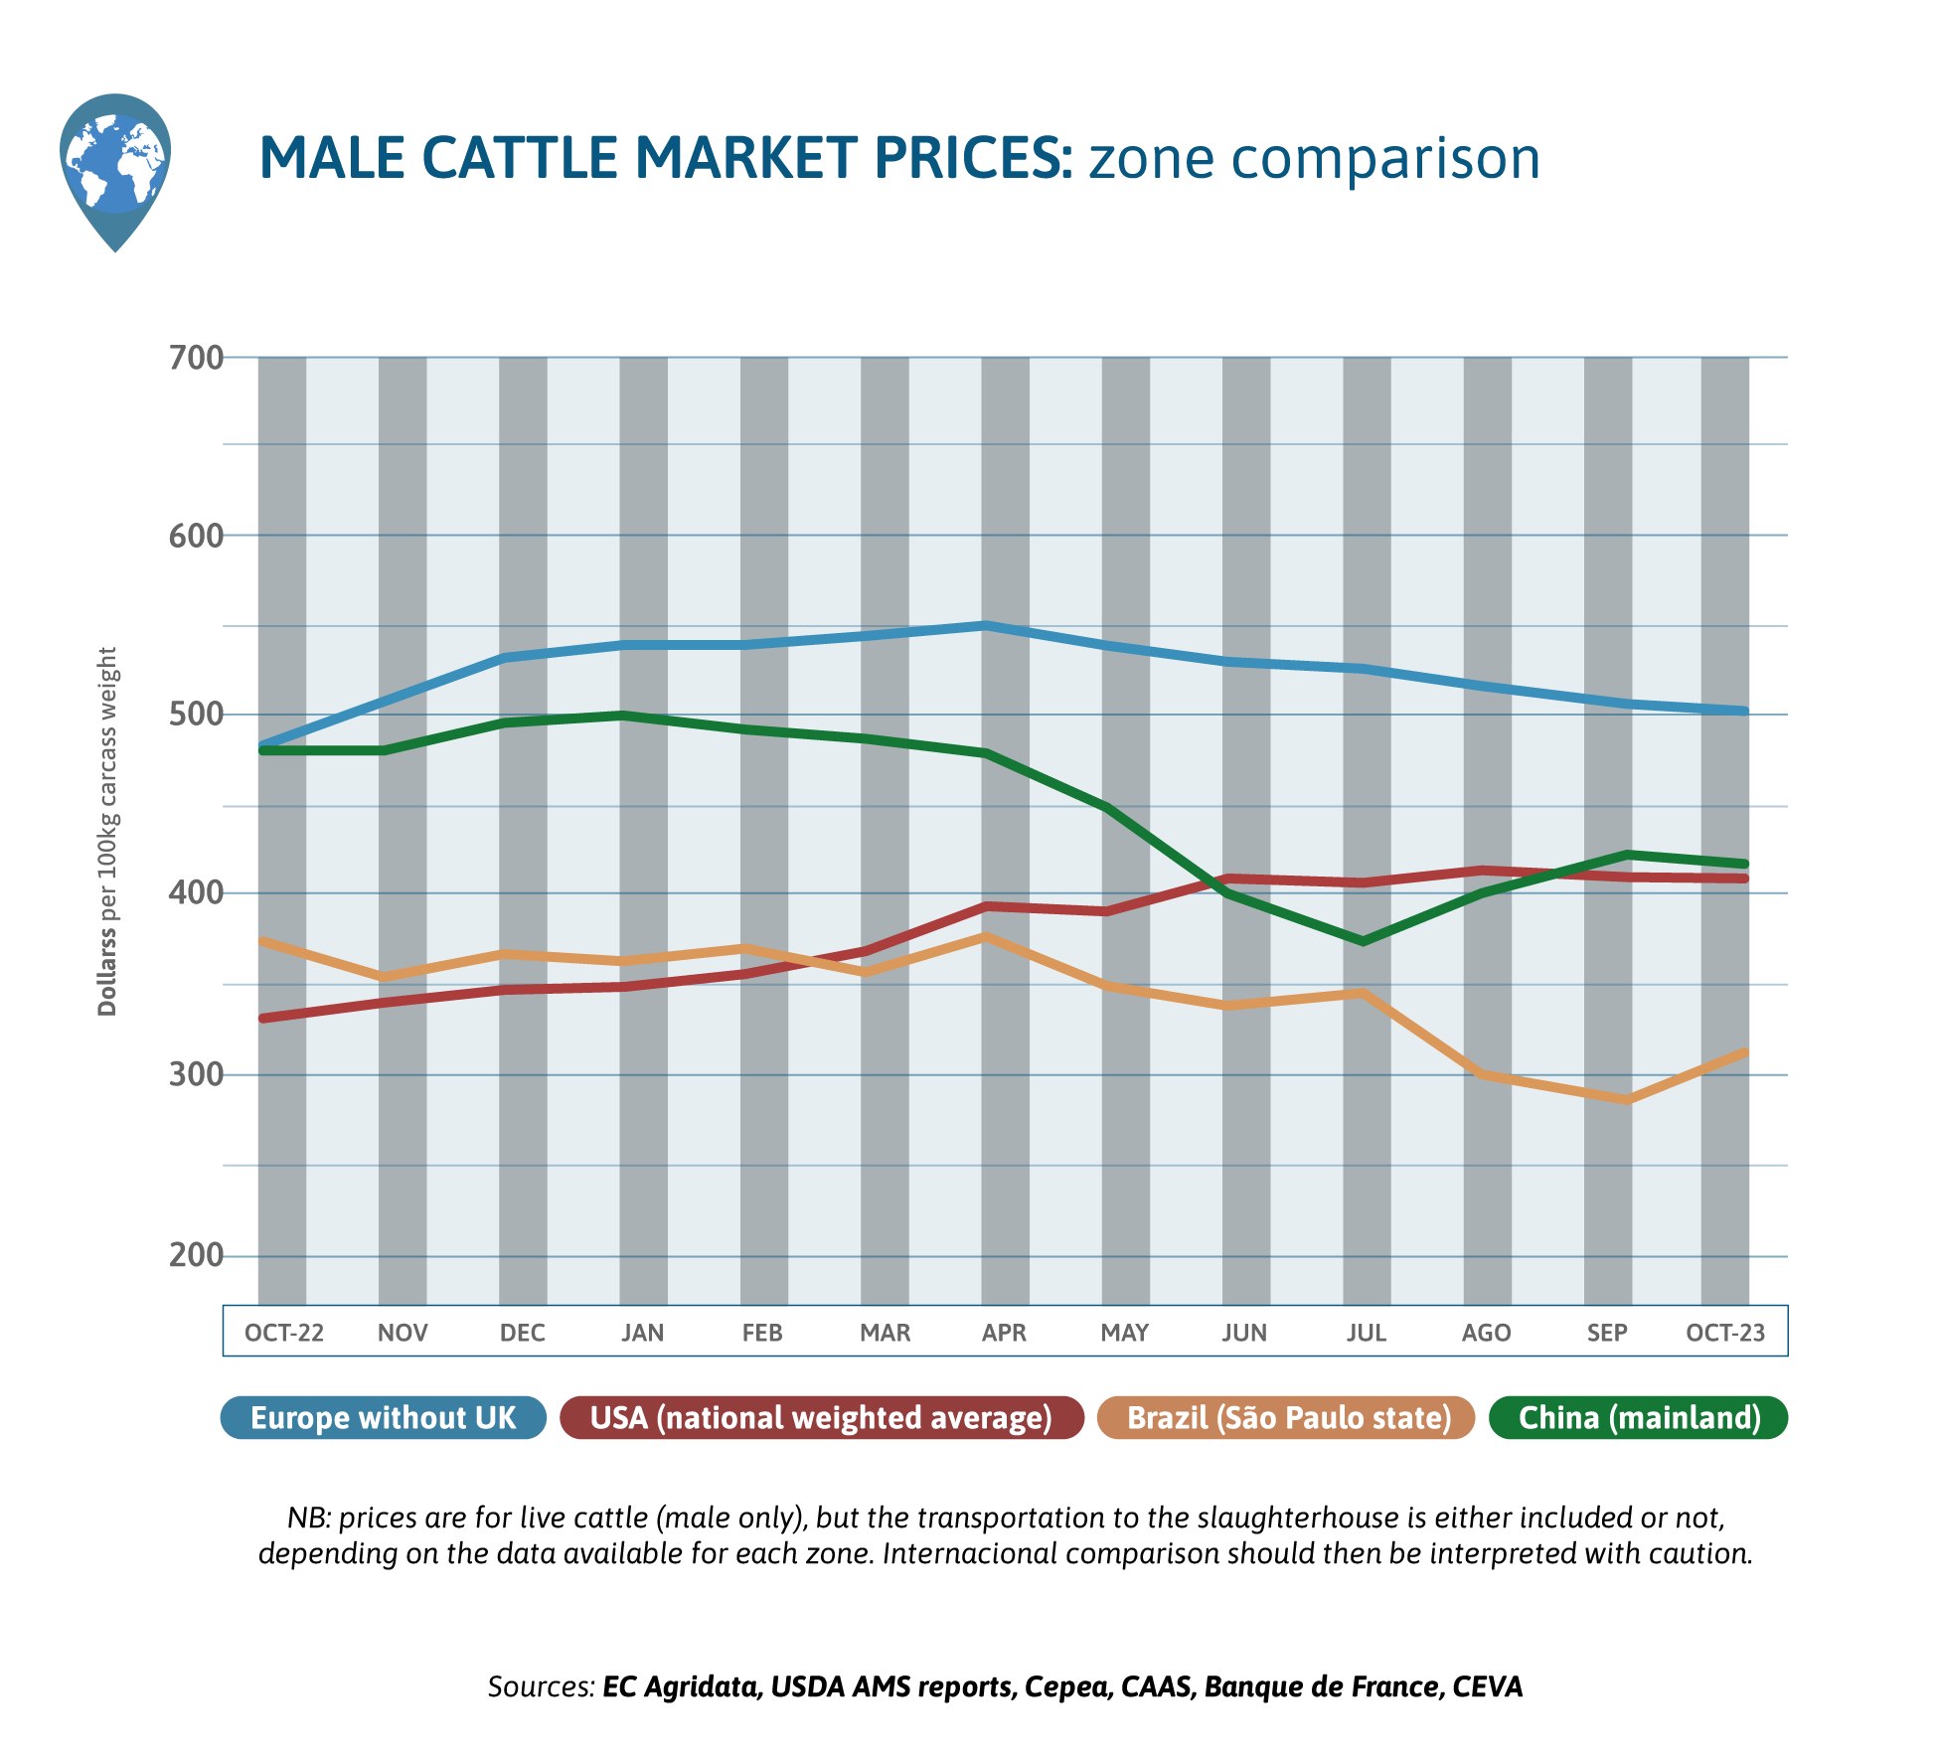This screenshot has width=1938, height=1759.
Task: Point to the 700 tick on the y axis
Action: point(196,358)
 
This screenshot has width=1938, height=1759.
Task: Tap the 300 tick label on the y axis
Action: point(196,1075)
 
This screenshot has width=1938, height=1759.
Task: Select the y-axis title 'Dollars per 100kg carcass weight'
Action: point(107,831)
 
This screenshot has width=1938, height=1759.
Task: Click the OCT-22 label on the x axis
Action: point(284,1333)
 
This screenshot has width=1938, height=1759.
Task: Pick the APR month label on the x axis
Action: point(1004,1333)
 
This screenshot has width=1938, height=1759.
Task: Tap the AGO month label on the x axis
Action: point(1486,1333)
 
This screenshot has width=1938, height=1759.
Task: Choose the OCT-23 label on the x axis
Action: point(1725,1333)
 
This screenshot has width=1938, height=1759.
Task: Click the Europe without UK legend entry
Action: point(384,1417)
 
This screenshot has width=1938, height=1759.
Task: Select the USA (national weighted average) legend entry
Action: point(821,1417)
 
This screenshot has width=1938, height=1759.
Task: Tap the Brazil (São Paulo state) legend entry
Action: point(1288,1417)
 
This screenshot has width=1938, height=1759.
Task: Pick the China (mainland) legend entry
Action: point(1639,1417)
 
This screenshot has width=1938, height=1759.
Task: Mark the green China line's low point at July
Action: point(1364,941)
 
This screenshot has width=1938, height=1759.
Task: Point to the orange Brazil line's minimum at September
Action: point(1627,1100)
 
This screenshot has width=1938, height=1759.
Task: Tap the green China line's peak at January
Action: point(622,716)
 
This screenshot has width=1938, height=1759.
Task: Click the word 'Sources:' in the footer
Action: point(541,1686)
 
